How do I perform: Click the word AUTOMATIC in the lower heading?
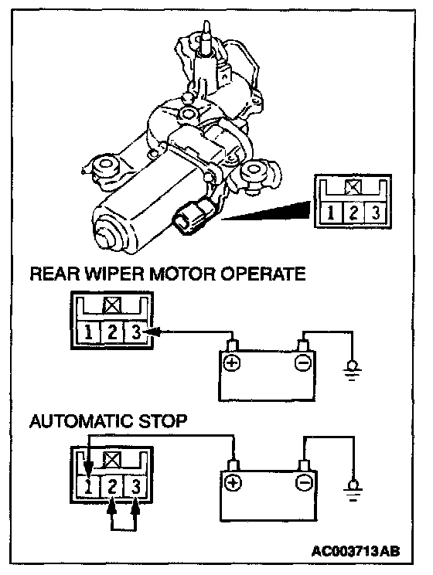[80, 421]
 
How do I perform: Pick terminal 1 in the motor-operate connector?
[88, 332]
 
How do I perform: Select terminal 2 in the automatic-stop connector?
[112, 486]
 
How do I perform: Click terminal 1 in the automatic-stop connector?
[88, 486]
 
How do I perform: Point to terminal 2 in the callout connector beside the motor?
[353, 213]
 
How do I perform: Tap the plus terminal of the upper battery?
[232, 363]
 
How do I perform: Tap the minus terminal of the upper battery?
[303, 363]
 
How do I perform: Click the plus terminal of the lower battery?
[233, 483]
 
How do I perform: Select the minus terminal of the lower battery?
[304, 483]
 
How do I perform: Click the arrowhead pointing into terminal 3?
[152, 332]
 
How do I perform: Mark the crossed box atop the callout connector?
[353, 188]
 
